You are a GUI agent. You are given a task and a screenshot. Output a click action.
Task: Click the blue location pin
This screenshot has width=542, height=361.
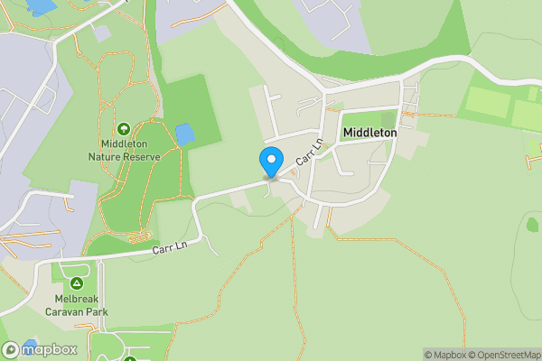(270, 161)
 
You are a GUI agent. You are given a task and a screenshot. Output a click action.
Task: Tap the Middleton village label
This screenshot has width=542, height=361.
(369, 133)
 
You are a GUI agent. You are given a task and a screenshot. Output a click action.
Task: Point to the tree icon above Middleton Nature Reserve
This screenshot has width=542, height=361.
(123, 129)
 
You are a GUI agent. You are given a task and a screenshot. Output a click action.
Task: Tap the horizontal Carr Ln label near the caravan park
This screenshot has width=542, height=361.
(169, 245)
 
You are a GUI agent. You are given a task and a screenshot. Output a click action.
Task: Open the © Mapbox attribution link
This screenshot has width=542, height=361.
(446, 355)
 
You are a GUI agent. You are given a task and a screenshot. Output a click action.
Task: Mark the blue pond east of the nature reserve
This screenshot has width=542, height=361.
(184, 135)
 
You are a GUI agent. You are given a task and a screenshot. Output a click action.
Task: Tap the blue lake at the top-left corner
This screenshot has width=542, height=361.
(41, 6)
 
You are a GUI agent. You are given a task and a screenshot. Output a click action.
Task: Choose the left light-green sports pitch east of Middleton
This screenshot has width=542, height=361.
(488, 103)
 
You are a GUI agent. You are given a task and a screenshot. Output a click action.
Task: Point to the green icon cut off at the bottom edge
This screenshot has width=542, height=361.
(129, 358)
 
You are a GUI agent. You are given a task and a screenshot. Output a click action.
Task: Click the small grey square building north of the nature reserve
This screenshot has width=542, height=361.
(102, 32)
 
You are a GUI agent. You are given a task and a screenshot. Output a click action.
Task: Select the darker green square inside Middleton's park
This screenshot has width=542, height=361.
(389, 118)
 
